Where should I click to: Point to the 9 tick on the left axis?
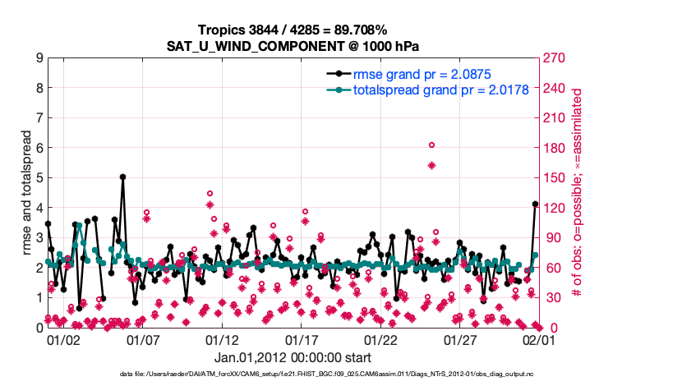(39, 58)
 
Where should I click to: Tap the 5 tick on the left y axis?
(39, 177)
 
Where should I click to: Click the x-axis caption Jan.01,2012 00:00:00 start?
(293, 357)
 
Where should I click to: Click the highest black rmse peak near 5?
(122, 177)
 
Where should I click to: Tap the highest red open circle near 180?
(431, 145)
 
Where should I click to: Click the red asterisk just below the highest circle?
(431, 165)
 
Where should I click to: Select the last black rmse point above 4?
(535, 204)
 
